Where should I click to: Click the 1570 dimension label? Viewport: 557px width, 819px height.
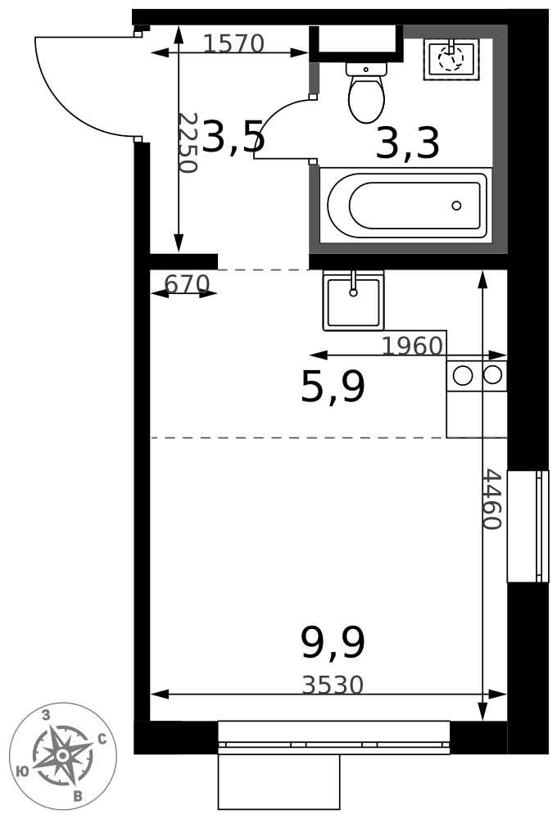click(x=233, y=44)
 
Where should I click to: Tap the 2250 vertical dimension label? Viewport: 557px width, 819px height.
click(x=187, y=143)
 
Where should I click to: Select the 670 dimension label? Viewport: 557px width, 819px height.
click(x=187, y=284)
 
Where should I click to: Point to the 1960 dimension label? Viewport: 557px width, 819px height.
click(x=412, y=346)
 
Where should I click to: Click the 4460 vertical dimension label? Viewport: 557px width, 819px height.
click(x=491, y=500)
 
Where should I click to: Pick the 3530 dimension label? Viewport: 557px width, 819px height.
click(x=333, y=685)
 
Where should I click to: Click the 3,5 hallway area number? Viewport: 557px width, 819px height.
click(x=233, y=137)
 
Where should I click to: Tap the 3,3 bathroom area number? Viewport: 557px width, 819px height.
click(x=408, y=143)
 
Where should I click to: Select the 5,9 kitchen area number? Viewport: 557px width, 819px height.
click(x=333, y=387)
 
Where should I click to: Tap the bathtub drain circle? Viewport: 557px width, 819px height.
click(x=457, y=206)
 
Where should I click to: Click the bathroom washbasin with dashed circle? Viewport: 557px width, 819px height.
click(x=451, y=60)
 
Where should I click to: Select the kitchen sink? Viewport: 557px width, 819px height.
click(x=353, y=301)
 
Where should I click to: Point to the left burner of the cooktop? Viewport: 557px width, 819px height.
click(x=463, y=376)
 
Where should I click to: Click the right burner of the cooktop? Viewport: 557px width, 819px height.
click(x=493, y=374)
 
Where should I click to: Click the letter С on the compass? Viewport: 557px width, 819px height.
click(x=102, y=739)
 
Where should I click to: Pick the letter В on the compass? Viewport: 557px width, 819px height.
click(x=78, y=796)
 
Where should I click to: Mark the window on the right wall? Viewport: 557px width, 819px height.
click(x=528, y=526)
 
